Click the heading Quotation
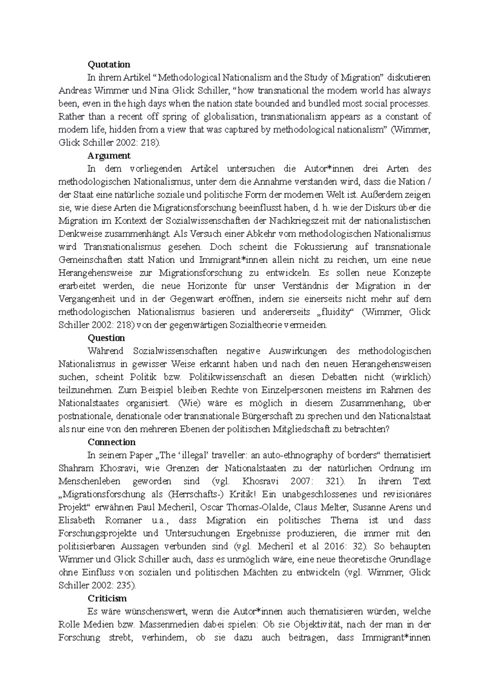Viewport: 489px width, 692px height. [x=109, y=64]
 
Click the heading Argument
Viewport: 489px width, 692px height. [x=109, y=156]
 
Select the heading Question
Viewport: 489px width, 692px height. [x=106, y=338]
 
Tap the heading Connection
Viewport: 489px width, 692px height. [x=112, y=442]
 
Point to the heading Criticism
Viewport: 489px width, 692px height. [x=107, y=599]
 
